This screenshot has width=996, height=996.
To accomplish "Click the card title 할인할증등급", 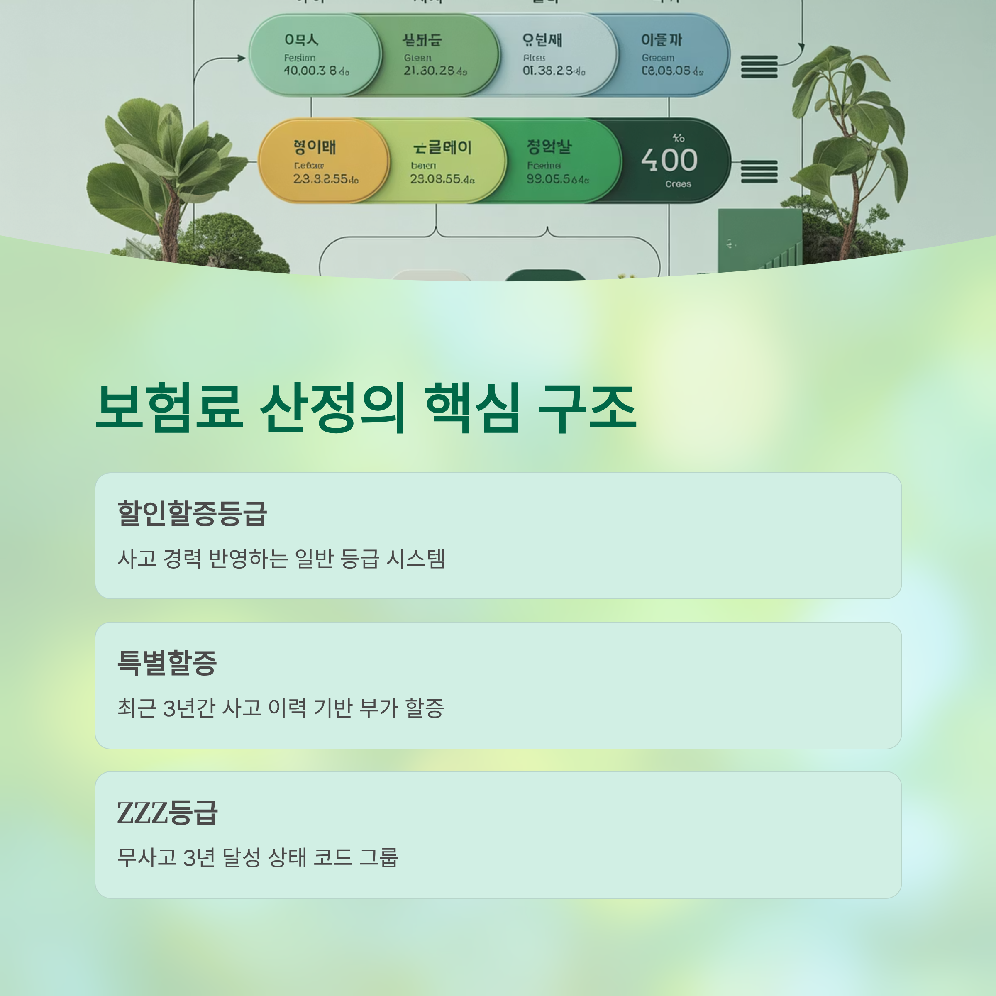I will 192,513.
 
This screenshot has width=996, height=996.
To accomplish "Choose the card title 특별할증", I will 167,662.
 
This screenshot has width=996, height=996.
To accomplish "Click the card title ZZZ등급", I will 167,813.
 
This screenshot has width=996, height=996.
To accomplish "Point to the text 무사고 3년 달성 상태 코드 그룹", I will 257,858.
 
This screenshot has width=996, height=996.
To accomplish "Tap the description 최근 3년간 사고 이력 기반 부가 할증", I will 281,708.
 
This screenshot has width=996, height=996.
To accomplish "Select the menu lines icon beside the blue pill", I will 759,67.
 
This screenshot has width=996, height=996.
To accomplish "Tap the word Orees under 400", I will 678,184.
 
